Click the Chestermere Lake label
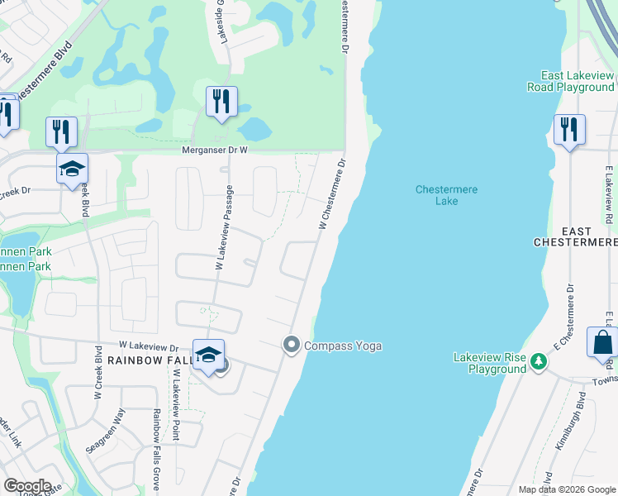(x=446, y=195)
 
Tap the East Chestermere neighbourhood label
(x=575, y=235)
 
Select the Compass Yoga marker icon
(x=291, y=345)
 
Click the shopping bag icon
(x=601, y=342)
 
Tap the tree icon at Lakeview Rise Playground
(x=539, y=360)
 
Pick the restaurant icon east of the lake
(x=569, y=130)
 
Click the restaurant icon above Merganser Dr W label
(x=221, y=102)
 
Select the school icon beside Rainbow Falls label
(x=208, y=355)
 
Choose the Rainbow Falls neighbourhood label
(x=148, y=360)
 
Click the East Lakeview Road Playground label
(x=578, y=81)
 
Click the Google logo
(x=28, y=486)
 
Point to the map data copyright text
(x=566, y=489)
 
